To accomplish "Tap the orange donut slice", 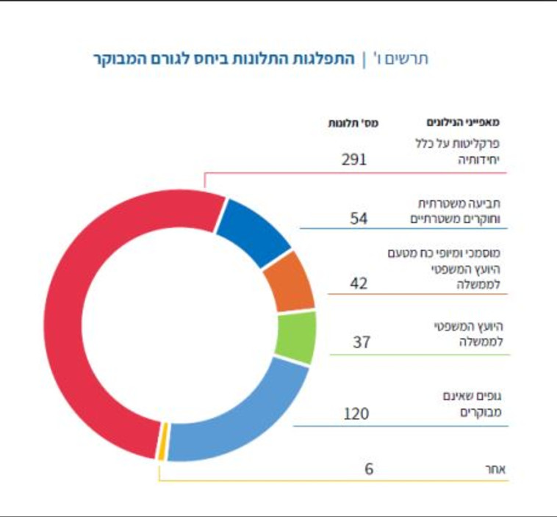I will [288, 282].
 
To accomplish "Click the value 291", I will [354, 159].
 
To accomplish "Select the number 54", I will [359, 218].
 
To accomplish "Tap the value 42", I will [359, 283].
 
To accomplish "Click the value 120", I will [356, 414].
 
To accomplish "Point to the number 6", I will [369, 469].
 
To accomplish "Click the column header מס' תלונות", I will [353, 122].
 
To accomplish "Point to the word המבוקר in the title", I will [122, 58].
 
